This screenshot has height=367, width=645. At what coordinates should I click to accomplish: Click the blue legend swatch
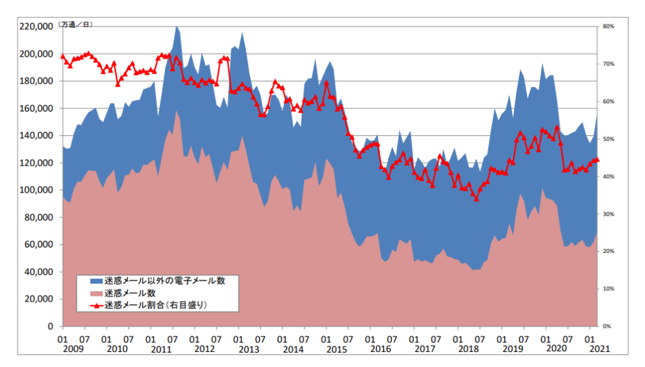click(95, 281)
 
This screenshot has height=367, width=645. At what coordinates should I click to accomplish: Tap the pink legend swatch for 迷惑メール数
click(95, 293)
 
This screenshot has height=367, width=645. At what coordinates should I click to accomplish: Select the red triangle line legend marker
click(95, 305)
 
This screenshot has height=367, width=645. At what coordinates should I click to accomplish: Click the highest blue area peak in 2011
click(176, 27)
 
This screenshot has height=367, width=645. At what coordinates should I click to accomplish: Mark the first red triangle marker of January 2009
click(62, 56)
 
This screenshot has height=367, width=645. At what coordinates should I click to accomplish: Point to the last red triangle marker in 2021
click(597, 160)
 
